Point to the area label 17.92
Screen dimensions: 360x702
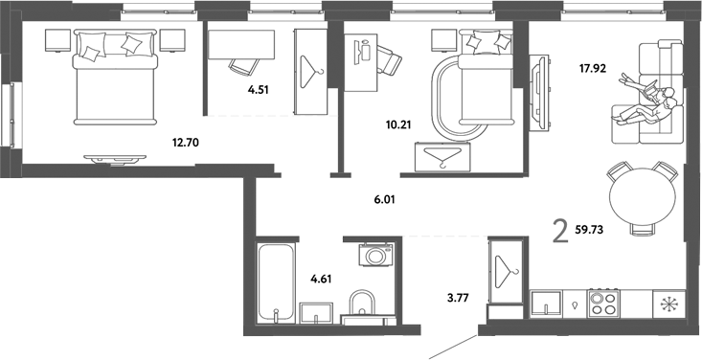pyautogui.click(x=594, y=68)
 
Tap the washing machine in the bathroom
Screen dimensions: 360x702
pyautogui.click(x=374, y=256)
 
